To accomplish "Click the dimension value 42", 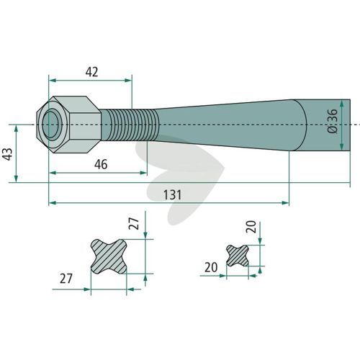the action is tap(91, 72).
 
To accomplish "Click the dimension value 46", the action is tap(101, 164).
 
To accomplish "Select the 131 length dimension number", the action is tap(172, 194).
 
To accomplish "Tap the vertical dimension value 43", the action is tap(8, 154).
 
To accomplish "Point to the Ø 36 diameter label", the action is tap(333, 121).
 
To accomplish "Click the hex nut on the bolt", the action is tap(69, 125).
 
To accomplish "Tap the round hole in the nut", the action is tap(50, 124).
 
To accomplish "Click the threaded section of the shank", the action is tap(130, 125).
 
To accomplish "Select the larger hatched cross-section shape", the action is tap(109, 256).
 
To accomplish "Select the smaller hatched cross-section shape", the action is tap(238, 256).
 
